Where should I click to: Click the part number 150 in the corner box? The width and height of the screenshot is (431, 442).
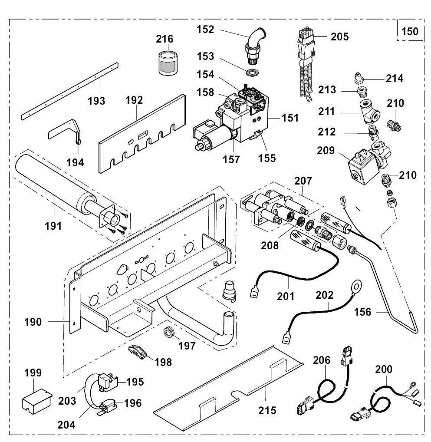click(x=409, y=32)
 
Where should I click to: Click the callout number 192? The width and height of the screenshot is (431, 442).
click(x=134, y=100)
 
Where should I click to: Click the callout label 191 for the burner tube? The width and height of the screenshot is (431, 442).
click(x=53, y=226)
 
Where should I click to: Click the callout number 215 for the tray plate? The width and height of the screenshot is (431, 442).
click(x=267, y=410)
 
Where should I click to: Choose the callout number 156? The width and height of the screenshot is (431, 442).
click(x=363, y=312)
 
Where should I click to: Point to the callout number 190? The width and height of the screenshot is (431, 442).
click(x=33, y=322)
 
